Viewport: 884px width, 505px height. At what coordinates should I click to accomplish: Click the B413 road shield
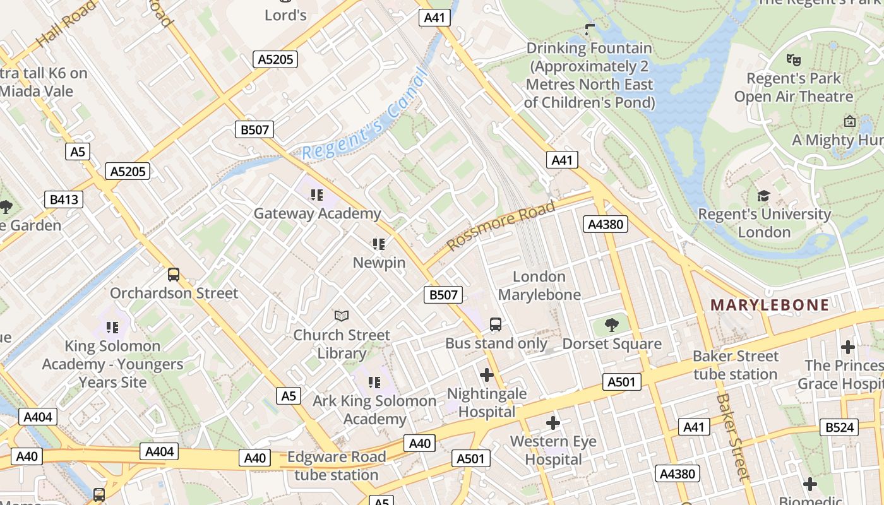click(64, 200)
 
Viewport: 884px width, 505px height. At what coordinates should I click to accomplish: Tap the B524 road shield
click(839, 427)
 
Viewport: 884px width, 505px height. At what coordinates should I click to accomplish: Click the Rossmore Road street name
click(501, 225)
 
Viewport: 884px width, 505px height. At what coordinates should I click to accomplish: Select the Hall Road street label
click(66, 24)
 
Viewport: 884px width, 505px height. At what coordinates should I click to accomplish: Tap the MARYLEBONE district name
click(770, 306)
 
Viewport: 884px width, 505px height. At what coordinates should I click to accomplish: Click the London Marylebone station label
click(539, 285)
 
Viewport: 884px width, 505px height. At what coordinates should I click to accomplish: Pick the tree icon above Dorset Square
click(611, 325)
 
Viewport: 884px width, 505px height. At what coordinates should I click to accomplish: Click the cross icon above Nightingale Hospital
click(487, 375)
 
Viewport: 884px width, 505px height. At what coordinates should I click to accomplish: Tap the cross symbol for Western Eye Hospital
click(553, 422)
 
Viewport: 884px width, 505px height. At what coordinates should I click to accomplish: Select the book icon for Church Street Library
click(342, 316)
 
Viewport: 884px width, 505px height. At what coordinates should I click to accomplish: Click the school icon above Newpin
click(379, 244)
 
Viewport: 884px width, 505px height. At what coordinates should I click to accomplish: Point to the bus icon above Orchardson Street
click(174, 275)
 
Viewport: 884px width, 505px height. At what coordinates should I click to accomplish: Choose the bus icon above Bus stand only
click(496, 324)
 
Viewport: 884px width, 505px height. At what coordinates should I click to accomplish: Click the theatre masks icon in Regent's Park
click(794, 60)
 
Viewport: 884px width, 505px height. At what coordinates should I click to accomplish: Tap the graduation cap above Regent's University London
click(764, 196)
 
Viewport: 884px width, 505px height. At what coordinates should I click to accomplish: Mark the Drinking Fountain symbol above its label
click(590, 28)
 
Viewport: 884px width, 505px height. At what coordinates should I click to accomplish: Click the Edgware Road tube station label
click(337, 466)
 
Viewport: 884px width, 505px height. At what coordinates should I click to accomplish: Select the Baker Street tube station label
click(736, 365)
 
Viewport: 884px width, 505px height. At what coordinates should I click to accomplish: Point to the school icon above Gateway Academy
click(317, 194)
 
